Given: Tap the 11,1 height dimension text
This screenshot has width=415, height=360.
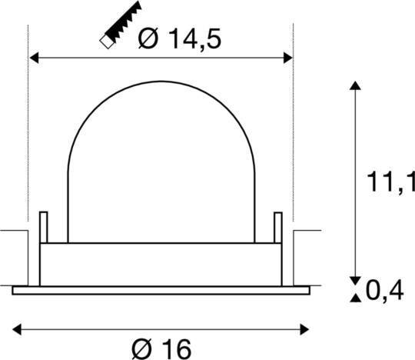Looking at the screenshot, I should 388,183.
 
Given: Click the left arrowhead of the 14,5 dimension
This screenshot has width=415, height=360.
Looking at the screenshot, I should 33,58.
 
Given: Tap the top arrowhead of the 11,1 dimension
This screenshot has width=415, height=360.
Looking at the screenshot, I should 354,85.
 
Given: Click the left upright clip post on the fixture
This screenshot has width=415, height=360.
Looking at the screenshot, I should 44,226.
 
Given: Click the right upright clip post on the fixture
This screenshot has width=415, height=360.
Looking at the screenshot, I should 278,226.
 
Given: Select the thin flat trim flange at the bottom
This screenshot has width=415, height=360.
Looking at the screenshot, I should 161,290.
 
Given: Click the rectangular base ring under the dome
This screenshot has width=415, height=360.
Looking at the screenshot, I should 161,264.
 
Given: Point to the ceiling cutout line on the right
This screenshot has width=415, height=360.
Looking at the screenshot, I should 307,231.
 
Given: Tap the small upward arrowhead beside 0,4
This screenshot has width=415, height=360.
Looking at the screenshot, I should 354,297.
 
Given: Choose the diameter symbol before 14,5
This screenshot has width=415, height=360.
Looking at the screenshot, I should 149,38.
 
